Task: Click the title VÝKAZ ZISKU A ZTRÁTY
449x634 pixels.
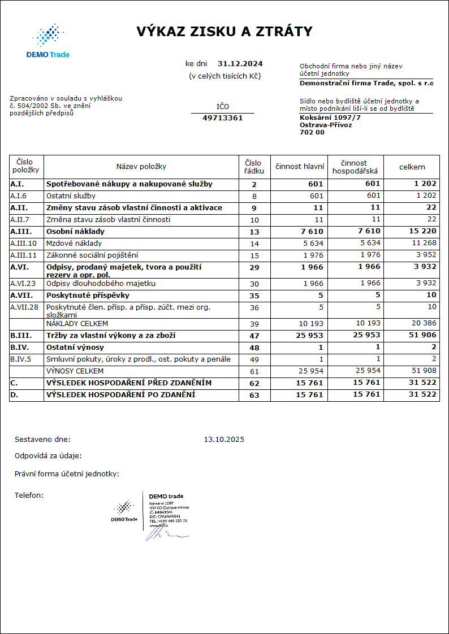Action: [224, 32]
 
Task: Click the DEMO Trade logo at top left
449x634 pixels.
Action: [48, 41]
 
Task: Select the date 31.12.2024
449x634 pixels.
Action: [240, 64]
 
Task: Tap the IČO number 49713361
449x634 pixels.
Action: [222, 118]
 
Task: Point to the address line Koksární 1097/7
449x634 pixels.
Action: [330, 118]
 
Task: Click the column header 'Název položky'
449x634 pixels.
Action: [141, 167]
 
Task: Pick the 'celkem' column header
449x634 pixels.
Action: [412, 167]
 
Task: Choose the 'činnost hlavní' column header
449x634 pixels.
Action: [299, 167]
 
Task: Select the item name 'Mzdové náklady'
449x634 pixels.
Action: [74, 244]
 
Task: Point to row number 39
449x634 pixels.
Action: [254, 324]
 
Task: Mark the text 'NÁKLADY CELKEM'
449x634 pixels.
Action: [77, 324]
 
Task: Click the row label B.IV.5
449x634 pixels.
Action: [21, 359]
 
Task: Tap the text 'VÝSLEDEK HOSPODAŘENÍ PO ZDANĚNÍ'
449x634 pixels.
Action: [120, 394]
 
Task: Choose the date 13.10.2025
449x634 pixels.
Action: [224, 439]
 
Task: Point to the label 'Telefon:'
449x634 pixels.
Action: [29, 496]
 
